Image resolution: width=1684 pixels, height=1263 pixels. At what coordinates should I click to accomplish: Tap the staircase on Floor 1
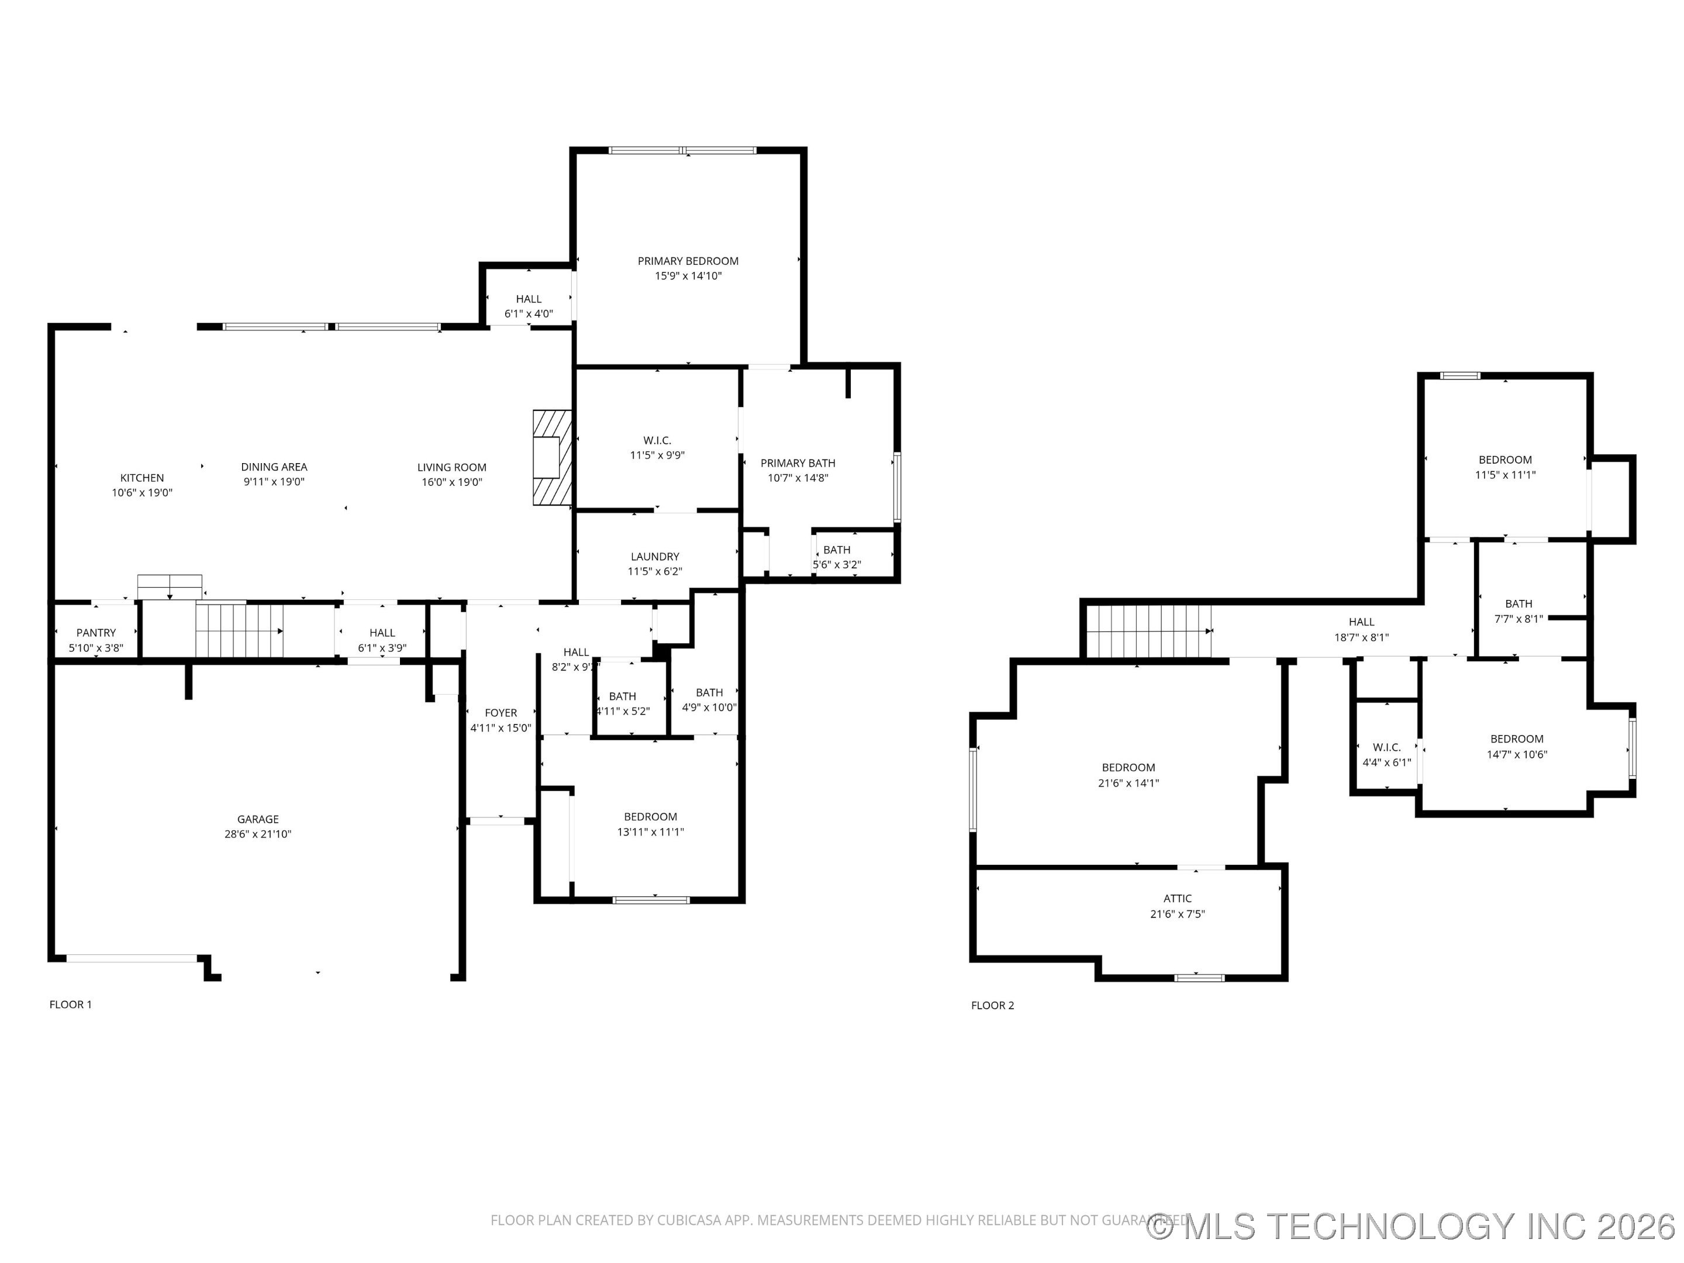(x=239, y=630)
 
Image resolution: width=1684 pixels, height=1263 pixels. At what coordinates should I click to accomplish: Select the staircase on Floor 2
(x=1148, y=630)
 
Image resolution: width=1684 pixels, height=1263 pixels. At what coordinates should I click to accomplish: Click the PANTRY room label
(x=96, y=633)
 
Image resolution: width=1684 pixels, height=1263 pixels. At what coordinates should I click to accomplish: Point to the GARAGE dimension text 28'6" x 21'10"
(x=257, y=834)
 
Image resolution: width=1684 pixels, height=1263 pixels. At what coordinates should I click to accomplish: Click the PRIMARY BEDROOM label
(x=688, y=261)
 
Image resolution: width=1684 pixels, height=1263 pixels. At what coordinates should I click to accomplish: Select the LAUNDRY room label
(x=655, y=557)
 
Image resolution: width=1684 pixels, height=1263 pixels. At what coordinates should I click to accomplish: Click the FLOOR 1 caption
(x=71, y=1004)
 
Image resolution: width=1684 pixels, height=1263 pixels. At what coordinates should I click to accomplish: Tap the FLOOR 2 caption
(x=992, y=1005)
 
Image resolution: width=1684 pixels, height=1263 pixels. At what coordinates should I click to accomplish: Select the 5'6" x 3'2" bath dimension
(x=837, y=565)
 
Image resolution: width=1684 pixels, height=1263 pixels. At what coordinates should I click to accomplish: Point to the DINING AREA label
(x=274, y=467)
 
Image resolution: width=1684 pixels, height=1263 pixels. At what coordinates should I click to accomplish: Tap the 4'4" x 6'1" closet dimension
(x=1386, y=762)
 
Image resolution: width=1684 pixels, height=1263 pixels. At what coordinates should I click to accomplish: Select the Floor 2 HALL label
(x=1361, y=622)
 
